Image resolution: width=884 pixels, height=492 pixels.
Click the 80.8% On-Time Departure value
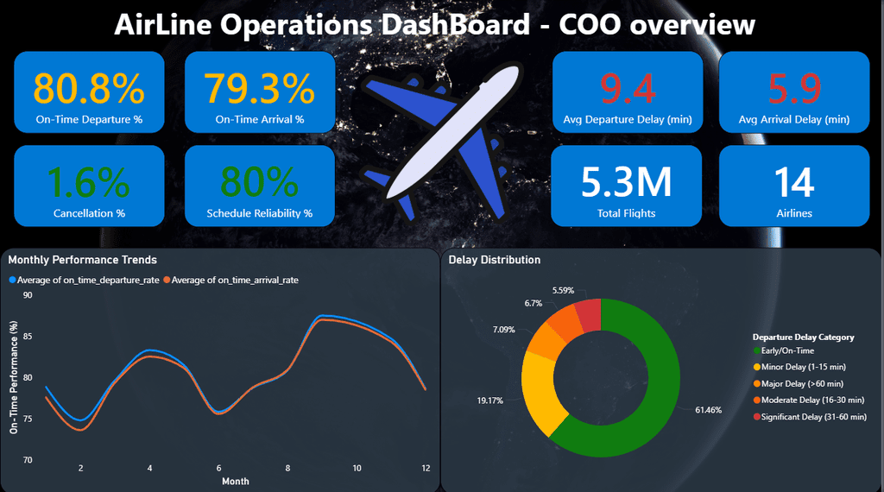(x=89, y=88)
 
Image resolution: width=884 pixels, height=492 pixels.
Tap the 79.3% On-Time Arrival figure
(x=259, y=88)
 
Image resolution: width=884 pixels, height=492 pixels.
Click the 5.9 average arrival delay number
(x=792, y=88)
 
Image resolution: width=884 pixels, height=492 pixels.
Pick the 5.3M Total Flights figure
(x=626, y=181)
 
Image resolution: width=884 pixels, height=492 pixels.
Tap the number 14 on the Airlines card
(x=792, y=181)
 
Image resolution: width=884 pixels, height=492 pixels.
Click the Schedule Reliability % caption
(x=259, y=213)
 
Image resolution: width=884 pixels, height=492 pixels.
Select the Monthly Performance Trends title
(x=82, y=259)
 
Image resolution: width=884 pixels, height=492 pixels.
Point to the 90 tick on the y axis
(x=28, y=295)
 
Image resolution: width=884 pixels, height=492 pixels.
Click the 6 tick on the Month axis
(x=218, y=468)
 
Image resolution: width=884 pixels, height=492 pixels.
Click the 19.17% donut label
(x=489, y=401)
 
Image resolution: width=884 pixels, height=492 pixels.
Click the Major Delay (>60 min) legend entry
(x=797, y=383)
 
